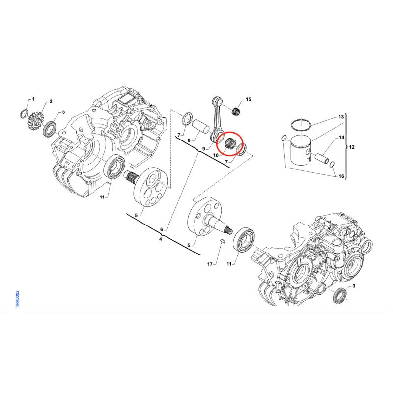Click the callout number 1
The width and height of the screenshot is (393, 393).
coord(33,99)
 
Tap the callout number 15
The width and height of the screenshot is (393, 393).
coord(248,100)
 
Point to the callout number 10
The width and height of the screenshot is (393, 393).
coord(216,155)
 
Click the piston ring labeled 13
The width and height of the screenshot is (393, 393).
coord(301,124)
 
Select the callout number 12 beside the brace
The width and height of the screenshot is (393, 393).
coord(352,147)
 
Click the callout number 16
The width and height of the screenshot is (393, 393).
coord(341,176)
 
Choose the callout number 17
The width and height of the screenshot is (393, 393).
coord(210,264)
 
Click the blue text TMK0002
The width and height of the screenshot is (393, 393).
coord(17,299)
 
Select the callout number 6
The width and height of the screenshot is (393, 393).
coord(162,229)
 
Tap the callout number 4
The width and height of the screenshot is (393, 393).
coord(161,239)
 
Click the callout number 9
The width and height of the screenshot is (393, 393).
coord(204,149)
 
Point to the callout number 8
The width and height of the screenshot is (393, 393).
coord(189,140)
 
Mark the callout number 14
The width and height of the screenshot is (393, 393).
coord(341,138)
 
